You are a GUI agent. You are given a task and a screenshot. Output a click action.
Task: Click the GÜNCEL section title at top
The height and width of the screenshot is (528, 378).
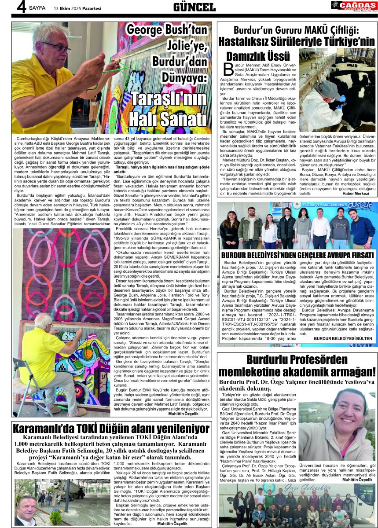click(194, 7)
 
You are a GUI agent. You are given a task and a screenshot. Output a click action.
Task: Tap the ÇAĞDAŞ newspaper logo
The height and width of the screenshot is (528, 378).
click(354, 6)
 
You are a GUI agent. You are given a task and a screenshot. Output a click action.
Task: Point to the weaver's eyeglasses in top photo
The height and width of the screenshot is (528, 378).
click(56, 47)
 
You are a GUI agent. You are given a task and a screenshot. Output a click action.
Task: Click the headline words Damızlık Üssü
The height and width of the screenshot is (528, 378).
click(258, 56)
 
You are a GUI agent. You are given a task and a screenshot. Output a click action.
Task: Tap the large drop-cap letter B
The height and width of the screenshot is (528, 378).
click(228, 69)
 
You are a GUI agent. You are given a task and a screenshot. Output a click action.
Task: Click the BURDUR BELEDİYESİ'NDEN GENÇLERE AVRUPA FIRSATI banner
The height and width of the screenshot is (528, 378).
click(297, 256)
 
